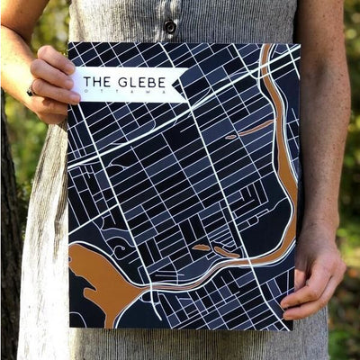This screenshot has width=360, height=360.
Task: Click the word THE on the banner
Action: point(97,84)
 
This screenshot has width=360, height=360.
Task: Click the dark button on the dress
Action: point(169,27)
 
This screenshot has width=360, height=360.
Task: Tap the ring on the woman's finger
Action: point(31,89)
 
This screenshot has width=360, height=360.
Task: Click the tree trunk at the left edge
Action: point(11,270)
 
